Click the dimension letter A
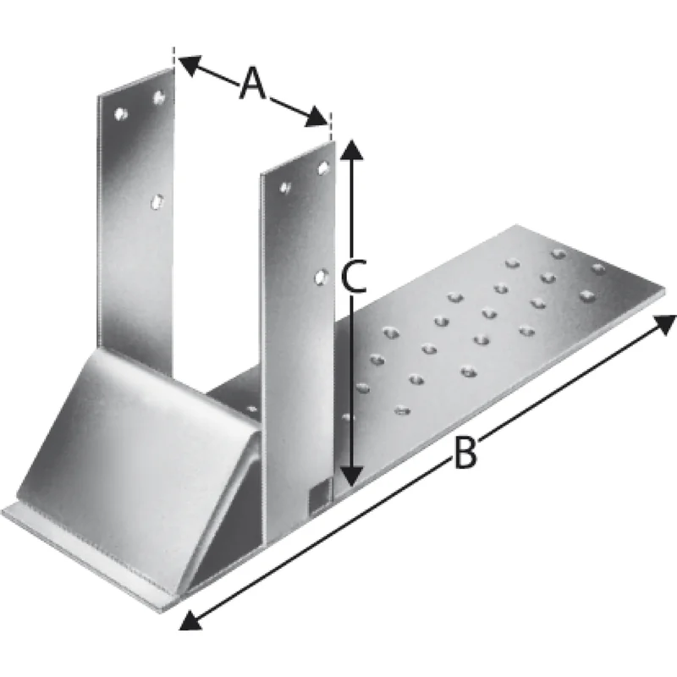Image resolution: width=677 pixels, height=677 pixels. tap(253, 83)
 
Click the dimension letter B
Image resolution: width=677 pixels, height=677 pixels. tap(466, 453)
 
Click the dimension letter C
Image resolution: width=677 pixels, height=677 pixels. tap(353, 276)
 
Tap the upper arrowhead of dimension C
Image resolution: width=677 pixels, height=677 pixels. tap(352, 150)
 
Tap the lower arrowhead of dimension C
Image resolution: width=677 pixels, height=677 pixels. tap(353, 476)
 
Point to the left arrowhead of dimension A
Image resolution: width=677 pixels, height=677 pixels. tap(189, 64)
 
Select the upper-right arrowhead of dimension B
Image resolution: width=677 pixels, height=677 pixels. tap(664, 324)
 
